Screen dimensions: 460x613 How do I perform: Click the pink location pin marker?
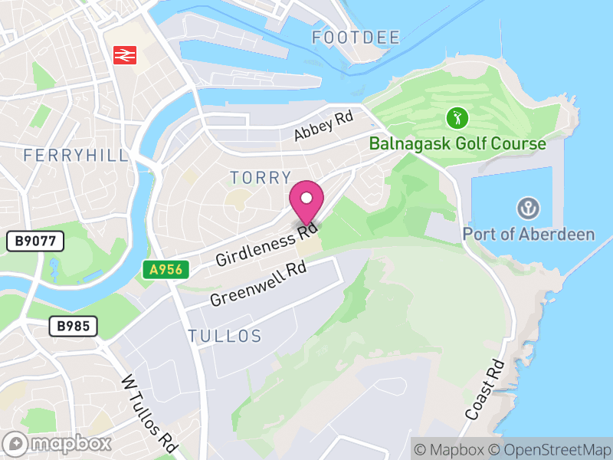click(x=306, y=202)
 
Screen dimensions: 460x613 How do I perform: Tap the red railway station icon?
click(x=124, y=54)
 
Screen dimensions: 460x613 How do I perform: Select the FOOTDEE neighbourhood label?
click(x=356, y=38)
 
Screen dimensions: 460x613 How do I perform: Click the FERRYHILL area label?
click(x=76, y=156)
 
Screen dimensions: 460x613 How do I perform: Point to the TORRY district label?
click(x=261, y=178)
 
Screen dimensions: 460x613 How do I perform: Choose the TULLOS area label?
click(x=225, y=336)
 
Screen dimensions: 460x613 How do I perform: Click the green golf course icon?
click(x=457, y=118)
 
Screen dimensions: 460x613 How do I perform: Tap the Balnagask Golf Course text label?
click(x=457, y=143)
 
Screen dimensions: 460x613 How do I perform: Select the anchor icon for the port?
click(x=528, y=208)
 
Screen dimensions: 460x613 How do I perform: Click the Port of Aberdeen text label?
click(x=529, y=234)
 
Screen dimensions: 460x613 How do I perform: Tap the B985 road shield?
click(x=74, y=326)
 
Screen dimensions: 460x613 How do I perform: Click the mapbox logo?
click(x=59, y=443)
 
